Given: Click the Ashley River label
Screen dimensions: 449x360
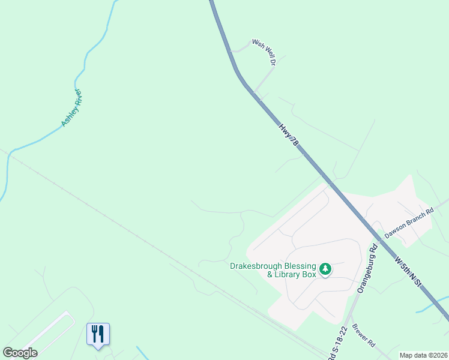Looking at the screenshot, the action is [71, 108].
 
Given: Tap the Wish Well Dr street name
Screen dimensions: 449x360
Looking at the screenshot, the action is [264, 52].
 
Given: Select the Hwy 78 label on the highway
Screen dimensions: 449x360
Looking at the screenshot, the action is [288, 135].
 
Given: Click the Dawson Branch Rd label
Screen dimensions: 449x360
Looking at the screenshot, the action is [409, 224].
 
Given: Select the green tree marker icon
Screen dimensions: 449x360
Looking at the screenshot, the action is [325, 269].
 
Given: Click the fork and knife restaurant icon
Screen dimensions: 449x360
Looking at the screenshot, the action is [98, 334].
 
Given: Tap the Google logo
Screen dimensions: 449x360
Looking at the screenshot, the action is [20, 353].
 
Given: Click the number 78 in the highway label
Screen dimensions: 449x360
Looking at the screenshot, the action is [293, 141].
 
